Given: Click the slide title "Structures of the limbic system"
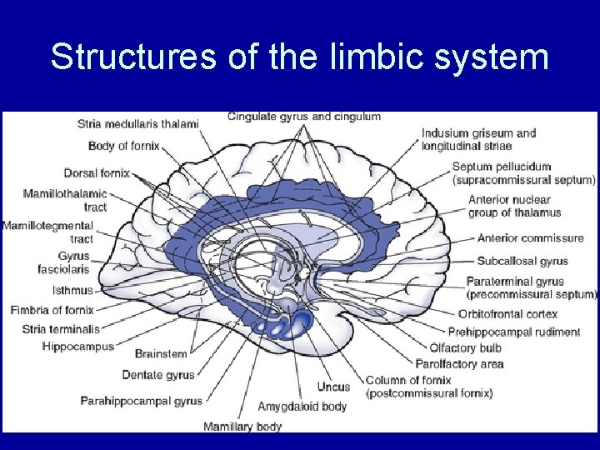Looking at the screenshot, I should (x=299, y=57).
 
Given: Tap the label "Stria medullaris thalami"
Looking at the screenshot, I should (x=137, y=124).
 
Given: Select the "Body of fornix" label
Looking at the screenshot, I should (x=123, y=146).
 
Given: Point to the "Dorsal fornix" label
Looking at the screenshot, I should (x=97, y=172).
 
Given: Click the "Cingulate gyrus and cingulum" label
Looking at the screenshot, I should (x=304, y=117).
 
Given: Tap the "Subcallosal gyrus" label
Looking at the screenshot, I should (x=522, y=261).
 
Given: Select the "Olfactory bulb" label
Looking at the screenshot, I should (x=465, y=348).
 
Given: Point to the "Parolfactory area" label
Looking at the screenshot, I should (x=459, y=363).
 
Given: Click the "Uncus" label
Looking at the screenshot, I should (x=333, y=387).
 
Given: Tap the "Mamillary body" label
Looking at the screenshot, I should (x=242, y=427).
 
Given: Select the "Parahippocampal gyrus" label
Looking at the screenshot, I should (x=141, y=401).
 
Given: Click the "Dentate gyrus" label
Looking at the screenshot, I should (x=158, y=375).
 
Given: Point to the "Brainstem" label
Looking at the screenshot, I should (x=161, y=353).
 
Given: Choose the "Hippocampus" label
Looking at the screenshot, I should (x=77, y=347).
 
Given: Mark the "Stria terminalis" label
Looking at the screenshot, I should (x=61, y=329).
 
